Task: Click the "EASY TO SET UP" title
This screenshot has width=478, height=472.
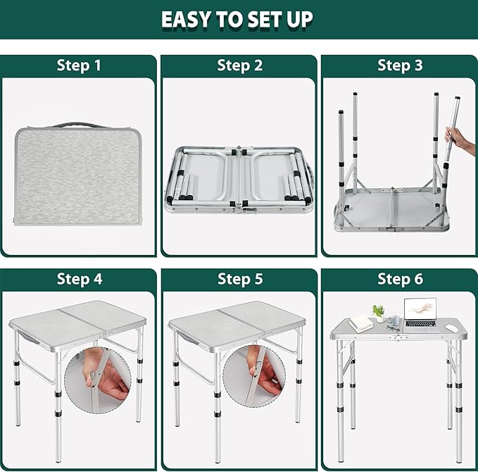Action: click(x=237, y=19)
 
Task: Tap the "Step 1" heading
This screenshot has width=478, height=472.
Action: click(x=79, y=66)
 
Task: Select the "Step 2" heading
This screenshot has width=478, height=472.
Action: click(x=239, y=66)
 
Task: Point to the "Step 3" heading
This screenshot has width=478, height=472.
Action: click(x=400, y=66)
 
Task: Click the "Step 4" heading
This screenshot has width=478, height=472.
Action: click(x=80, y=279)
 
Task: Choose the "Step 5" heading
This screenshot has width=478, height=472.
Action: click(x=240, y=279)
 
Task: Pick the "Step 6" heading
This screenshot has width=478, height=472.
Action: click(x=401, y=279)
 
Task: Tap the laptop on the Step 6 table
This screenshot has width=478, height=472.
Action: click(x=420, y=315)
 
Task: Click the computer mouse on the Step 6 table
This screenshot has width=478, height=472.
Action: click(x=452, y=328)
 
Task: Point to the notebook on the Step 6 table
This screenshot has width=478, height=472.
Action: click(x=360, y=323)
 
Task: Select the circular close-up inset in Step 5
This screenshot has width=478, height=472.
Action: click(x=254, y=375)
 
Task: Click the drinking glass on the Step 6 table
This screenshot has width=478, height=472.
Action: click(x=395, y=320)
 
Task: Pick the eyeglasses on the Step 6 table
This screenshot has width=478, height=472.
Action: click(x=394, y=328)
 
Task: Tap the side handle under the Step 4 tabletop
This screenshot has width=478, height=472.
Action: click(x=28, y=337)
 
